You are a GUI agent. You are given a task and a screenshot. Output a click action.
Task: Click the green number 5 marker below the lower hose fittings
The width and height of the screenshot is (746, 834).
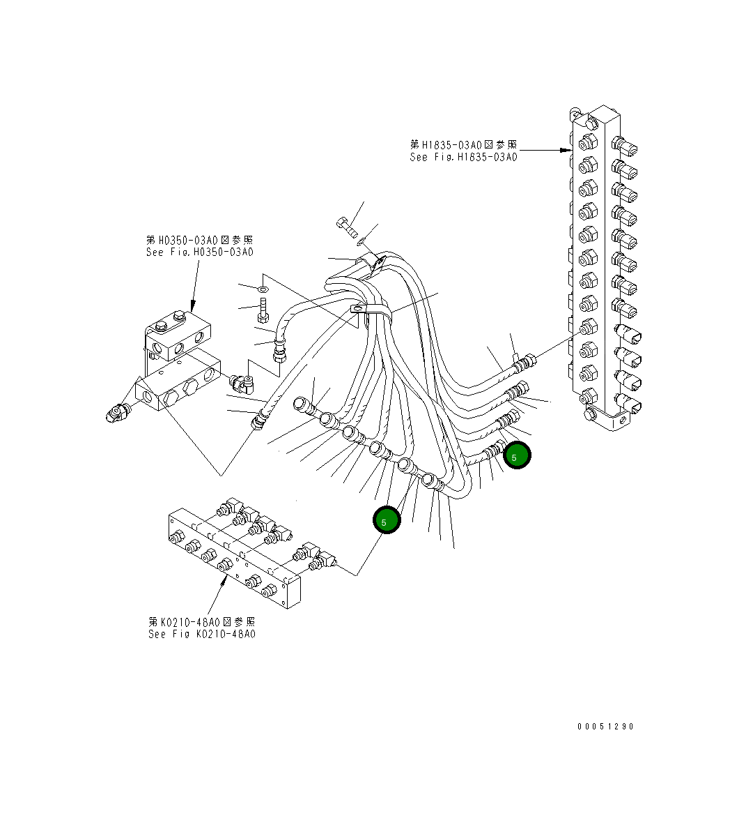(x=387, y=520)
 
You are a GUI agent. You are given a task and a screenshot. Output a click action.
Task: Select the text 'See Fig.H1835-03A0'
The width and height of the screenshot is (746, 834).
(x=463, y=158)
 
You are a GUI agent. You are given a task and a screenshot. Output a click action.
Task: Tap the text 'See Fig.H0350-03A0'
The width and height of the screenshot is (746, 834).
(x=200, y=252)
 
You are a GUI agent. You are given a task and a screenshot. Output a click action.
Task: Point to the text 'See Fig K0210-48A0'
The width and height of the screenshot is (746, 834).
(x=202, y=634)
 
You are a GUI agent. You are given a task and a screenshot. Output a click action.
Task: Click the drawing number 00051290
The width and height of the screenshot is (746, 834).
(x=605, y=727)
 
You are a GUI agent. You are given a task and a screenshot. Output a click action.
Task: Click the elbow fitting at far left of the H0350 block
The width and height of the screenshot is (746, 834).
(x=114, y=414)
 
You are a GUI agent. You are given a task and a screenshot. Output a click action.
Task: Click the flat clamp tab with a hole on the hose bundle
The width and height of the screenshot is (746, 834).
(x=358, y=309)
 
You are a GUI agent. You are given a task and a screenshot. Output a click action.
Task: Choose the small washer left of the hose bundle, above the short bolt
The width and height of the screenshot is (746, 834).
(x=262, y=288)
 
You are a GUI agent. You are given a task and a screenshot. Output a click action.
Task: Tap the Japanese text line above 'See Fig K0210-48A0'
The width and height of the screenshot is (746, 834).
(x=202, y=621)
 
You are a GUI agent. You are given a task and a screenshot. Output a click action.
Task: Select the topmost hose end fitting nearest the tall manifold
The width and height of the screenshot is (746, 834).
(x=525, y=361)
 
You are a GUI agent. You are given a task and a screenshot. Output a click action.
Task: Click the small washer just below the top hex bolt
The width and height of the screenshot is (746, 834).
(x=361, y=242)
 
